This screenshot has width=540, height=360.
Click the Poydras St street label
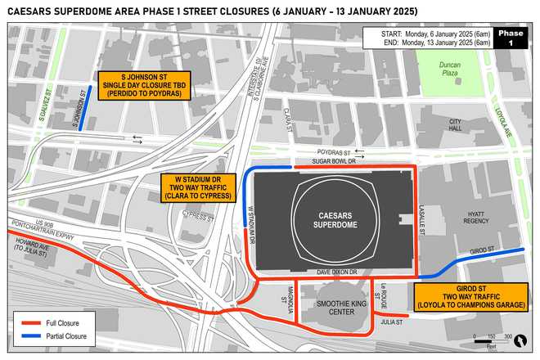coord(335,152)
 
